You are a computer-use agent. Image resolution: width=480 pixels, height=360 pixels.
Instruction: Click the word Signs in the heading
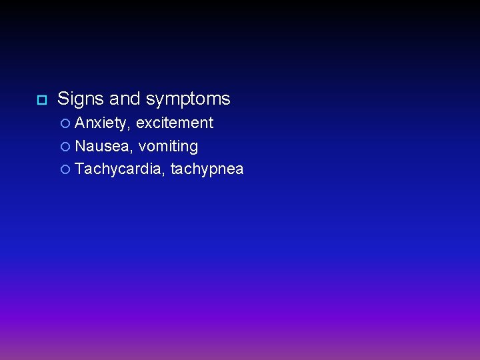point(81,99)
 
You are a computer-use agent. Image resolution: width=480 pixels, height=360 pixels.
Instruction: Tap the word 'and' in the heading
point(125,99)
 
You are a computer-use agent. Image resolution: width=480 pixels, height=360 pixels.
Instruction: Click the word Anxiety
point(103,123)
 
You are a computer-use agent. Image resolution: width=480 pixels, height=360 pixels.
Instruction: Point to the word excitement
point(175,123)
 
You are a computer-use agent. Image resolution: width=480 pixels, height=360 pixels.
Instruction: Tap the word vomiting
point(168,147)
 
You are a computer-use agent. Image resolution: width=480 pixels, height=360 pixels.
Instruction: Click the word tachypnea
point(207,170)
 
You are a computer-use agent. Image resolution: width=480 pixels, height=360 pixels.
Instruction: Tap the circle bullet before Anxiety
point(65,123)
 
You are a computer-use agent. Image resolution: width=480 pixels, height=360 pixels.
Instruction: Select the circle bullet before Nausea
point(65,147)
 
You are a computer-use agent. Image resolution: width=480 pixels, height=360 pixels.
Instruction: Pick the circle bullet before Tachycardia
point(65,170)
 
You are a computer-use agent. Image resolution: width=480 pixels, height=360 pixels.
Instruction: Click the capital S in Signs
point(63,99)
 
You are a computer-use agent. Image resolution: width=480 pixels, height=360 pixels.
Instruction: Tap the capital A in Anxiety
point(81,123)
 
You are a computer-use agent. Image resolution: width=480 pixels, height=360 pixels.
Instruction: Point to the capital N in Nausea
point(81,146)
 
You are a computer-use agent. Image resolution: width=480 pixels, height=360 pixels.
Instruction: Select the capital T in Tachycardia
point(80,169)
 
